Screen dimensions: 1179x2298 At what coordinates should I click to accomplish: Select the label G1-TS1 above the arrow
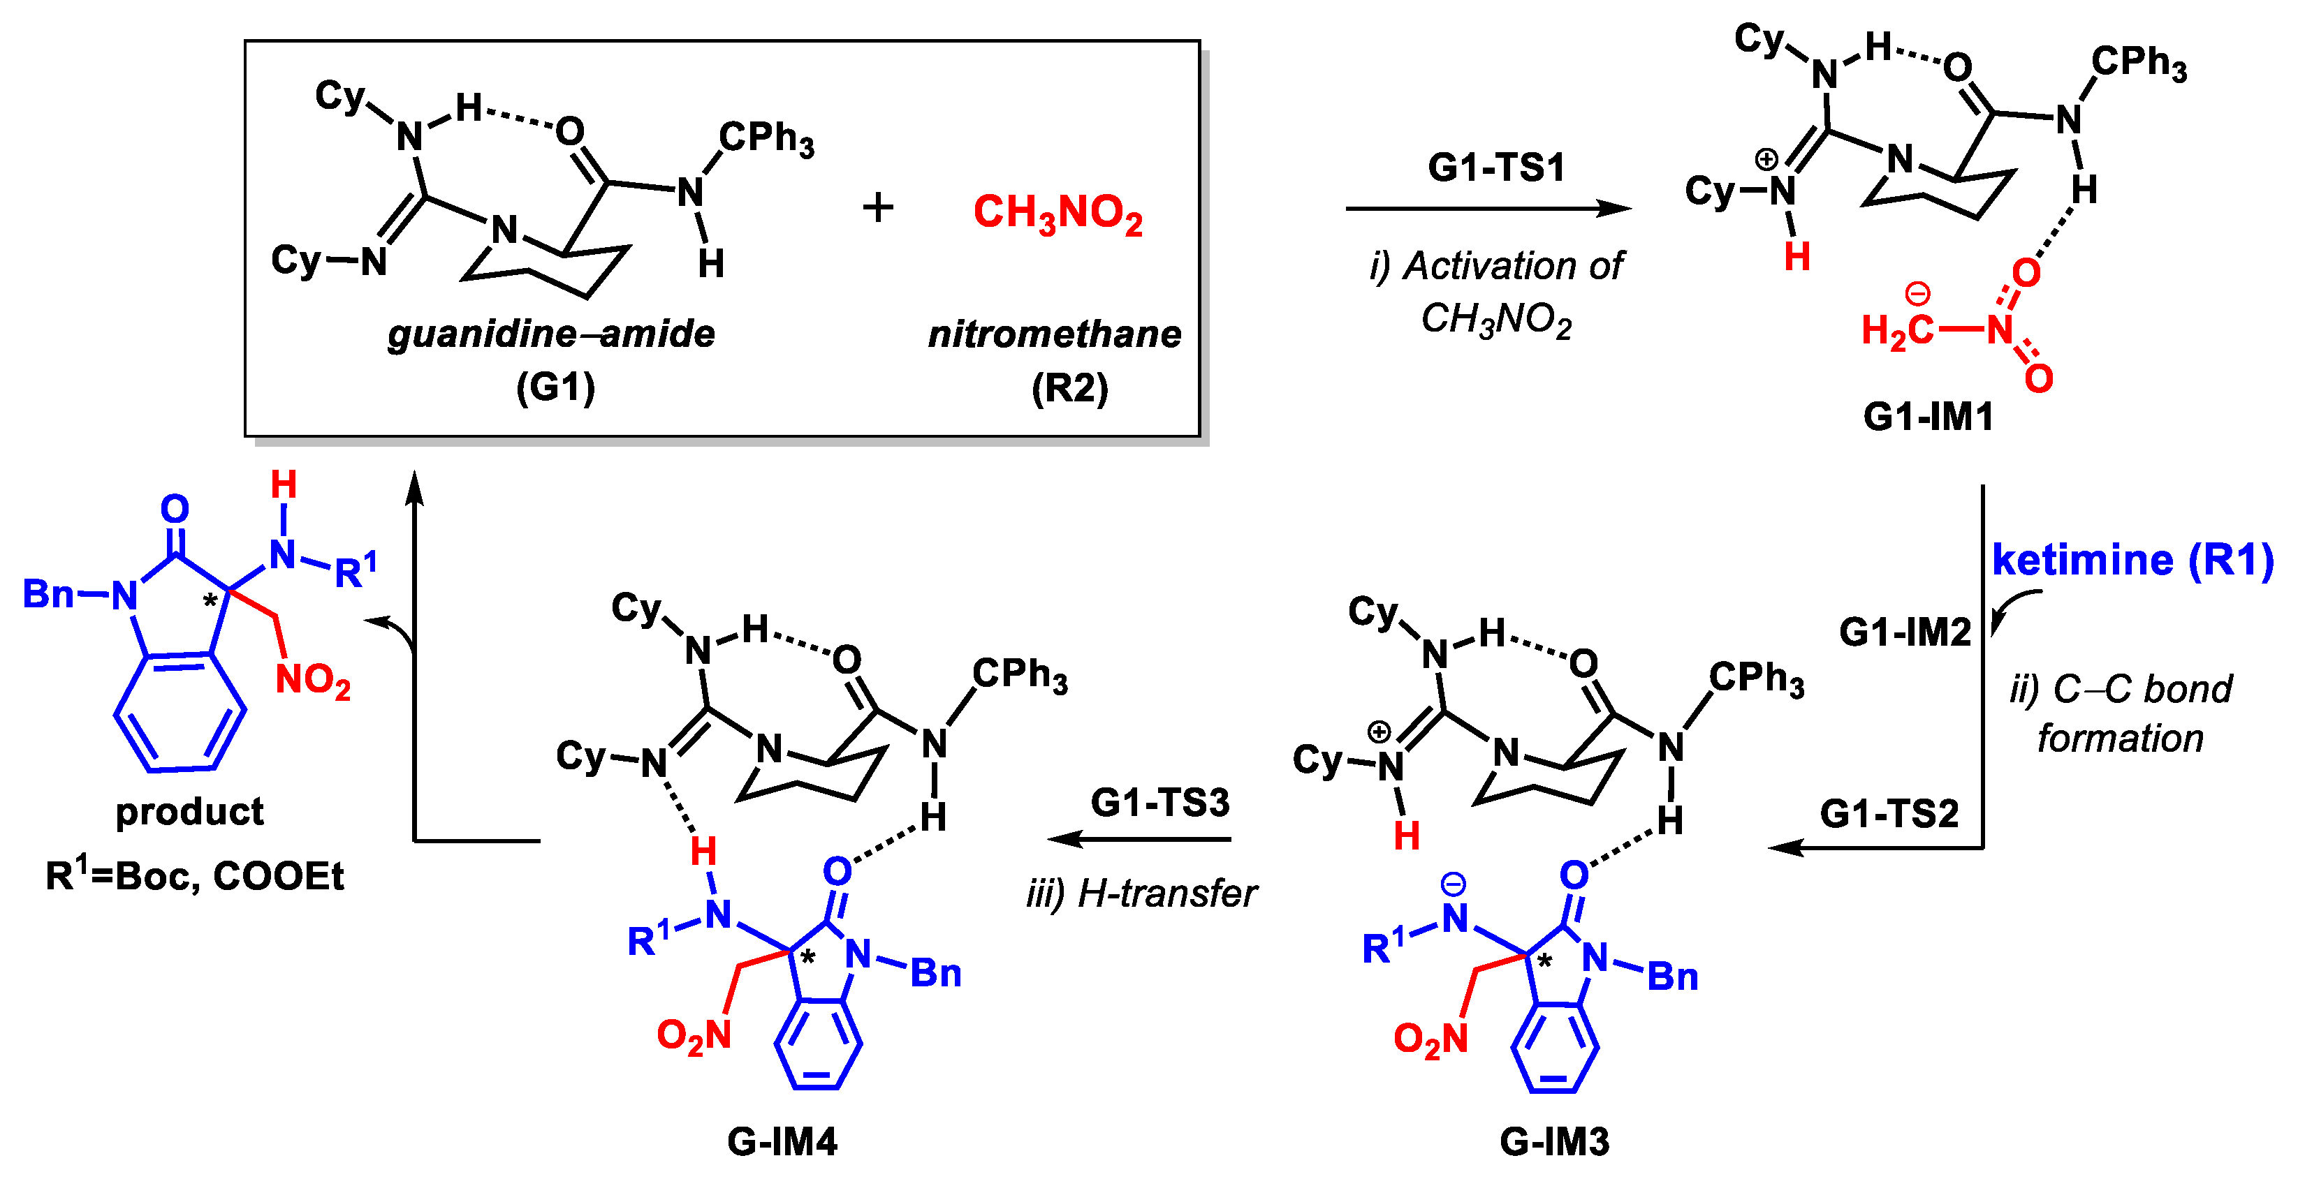pyautogui.click(x=1496, y=168)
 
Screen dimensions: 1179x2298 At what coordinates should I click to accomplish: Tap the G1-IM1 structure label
pyautogui.click(x=1928, y=417)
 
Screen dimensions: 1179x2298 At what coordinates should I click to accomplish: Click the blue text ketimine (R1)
pyautogui.click(x=2132, y=560)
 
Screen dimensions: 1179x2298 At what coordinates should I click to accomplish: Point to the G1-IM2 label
pyautogui.click(x=1905, y=632)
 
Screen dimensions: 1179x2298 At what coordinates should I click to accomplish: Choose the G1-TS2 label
pyautogui.click(x=1889, y=813)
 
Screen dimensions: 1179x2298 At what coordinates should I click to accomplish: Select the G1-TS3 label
pyautogui.click(x=1159, y=803)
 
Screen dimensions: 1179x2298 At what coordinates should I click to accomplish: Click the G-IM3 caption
pyautogui.click(x=1554, y=1141)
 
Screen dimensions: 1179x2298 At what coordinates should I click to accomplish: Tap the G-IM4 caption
pyautogui.click(x=782, y=1141)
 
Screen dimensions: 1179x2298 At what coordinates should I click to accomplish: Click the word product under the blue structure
pyautogui.click(x=189, y=812)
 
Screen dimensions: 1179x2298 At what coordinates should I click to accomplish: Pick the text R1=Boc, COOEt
pyautogui.click(x=194, y=876)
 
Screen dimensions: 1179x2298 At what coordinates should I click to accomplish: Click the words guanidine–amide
pyautogui.click(x=551, y=334)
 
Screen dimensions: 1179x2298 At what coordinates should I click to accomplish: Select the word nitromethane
pyautogui.click(x=1055, y=334)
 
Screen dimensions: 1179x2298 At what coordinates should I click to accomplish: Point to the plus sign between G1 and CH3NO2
pyautogui.click(x=878, y=208)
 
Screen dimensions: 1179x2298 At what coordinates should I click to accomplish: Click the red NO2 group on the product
pyautogui.click(x=312, y=681)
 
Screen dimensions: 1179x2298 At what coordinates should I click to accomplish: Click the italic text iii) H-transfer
pyautogui.click(x=1141, y=893)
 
